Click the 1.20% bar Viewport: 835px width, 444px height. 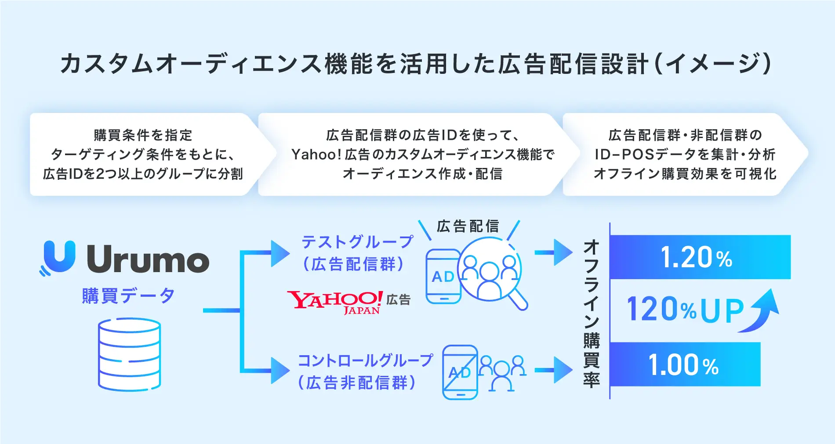pyautogui.click(x=700, y=257)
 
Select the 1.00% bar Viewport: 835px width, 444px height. pyautogui.click(x=685, y=364)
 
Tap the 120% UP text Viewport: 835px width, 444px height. pyautogui.click(x=685, y=309)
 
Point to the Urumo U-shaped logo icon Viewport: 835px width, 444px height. pyautogui.click(x=58, y=257)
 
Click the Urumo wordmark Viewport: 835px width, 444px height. pyautogui.click(x=148, y=259)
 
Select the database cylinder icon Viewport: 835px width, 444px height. pyautogui.click(x=129, y=354)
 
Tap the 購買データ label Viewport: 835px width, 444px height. pyautogui.click(x=128, y=295)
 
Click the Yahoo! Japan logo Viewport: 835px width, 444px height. pyautogui.click(x=335, y=302)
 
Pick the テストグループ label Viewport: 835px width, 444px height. pyautogui.click(x=357, y=242)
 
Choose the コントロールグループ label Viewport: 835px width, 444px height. pyautogui.click(x=365, y=361)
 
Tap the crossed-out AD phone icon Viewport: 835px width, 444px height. pyautogui.click(x=460, y=372)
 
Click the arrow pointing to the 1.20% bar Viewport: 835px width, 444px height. pyautogui.click(x=553, y=253)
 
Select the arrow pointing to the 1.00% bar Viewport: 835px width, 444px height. pyautogui.click(x=553, y=370)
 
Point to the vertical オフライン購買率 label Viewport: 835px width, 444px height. pyautogui.click(x=592, y=313)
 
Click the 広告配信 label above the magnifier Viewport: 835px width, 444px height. pyautogui.click(x=468, y=226)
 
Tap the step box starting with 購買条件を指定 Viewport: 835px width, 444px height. pyautogui.click(x=143, y=154)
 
